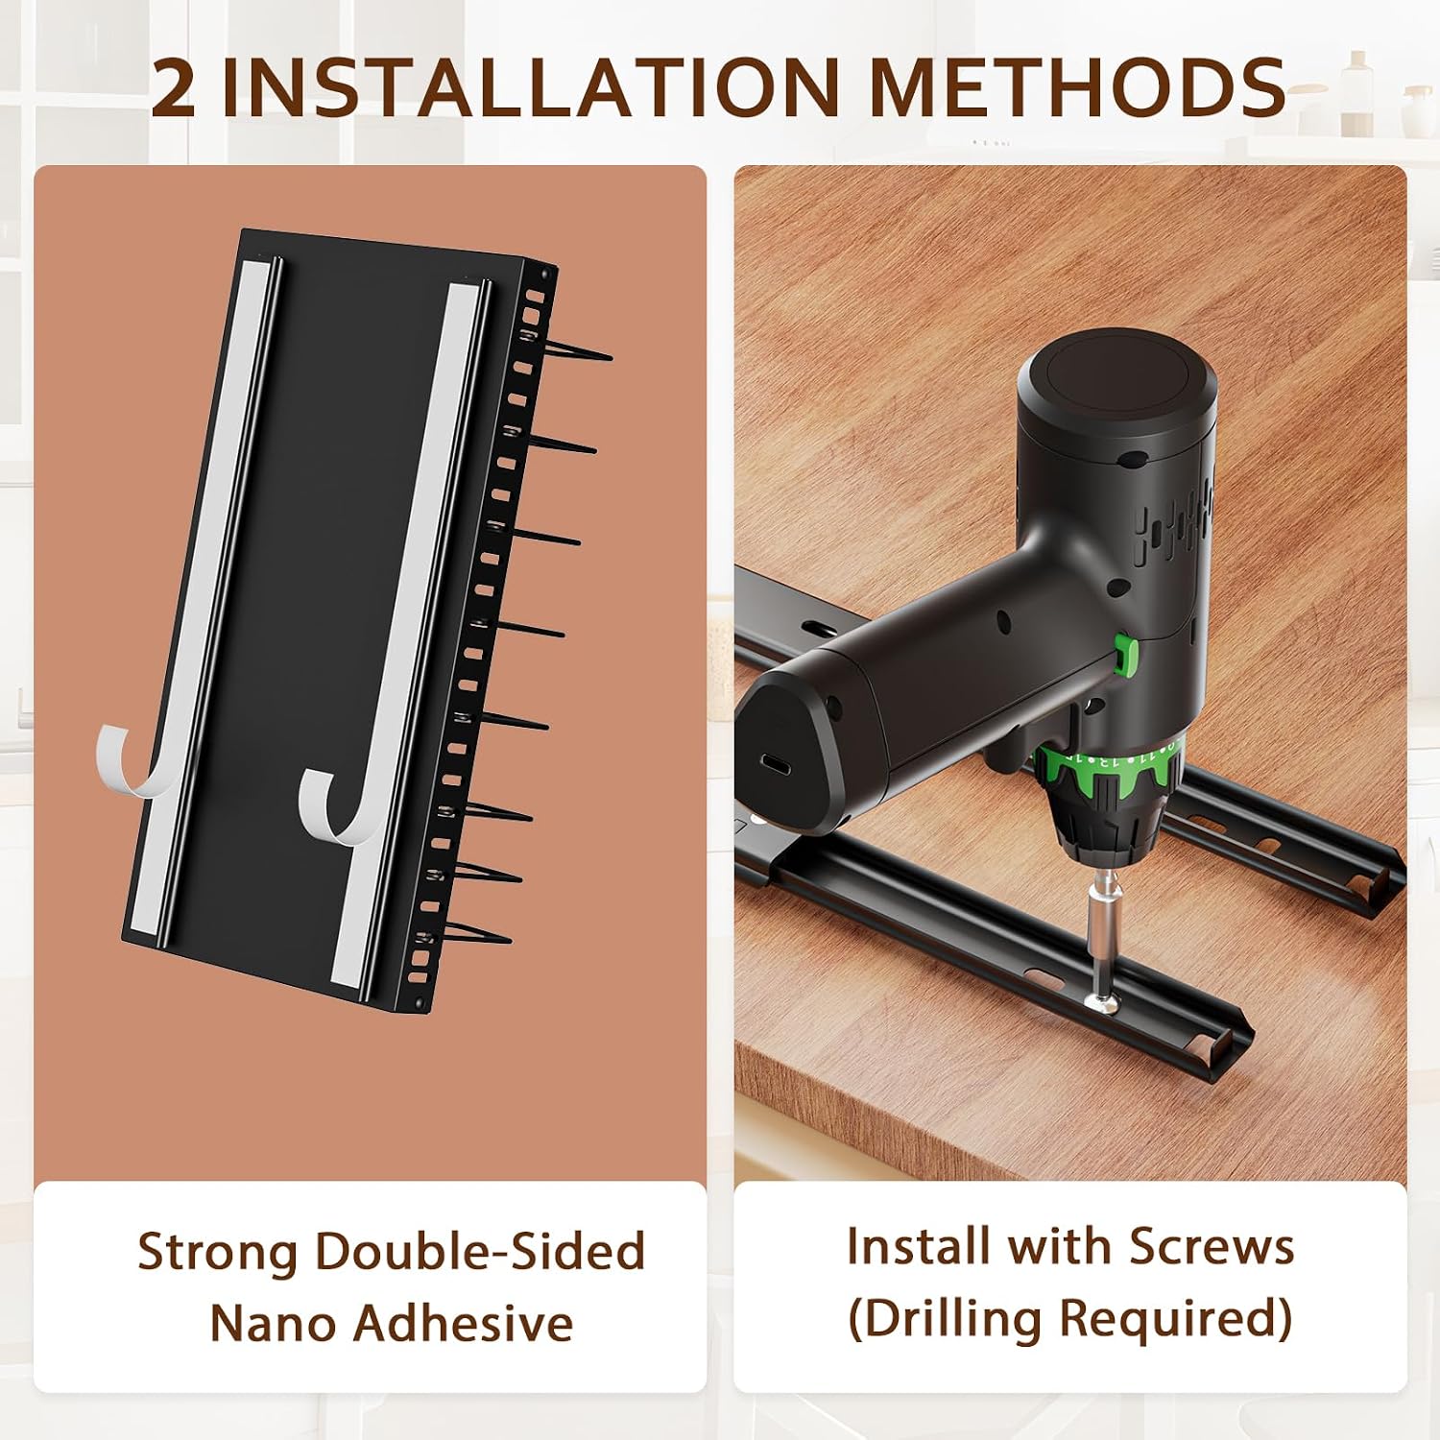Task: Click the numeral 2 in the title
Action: click(x=174, y=87)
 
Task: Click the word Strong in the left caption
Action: click(x=218, y=1254)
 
